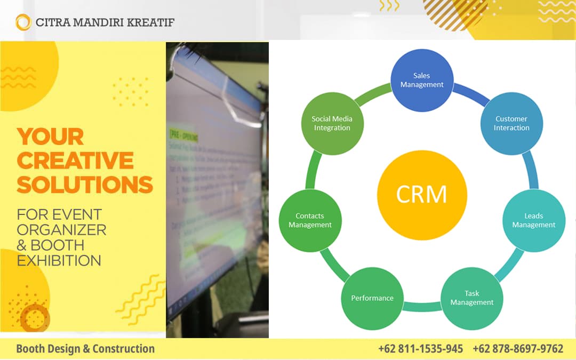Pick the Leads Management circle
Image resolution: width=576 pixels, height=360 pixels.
click(x=533, y=220)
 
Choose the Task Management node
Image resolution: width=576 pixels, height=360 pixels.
click(x=471, y=298)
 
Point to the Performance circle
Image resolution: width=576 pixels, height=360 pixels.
click(x=372, y=298)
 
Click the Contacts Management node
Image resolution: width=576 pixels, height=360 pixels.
click(x=310, y=220)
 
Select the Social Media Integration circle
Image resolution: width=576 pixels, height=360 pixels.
click(x=332, y=124)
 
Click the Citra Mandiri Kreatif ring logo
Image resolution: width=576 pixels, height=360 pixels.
click(x=23, y=22)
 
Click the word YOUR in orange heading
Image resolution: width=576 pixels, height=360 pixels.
click(x=50, y=137)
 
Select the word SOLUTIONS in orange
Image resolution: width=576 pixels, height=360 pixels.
click(x=85, y=185)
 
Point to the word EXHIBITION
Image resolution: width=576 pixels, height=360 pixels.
click(x=59, y=260)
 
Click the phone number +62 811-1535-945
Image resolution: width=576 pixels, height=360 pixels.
click(x=420, y=349)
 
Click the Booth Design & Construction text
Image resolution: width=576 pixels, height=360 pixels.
click(x=85, y=349)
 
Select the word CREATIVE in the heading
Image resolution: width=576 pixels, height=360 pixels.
click(x=75, y=161)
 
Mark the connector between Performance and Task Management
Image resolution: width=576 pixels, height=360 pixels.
click(x=421, y=307)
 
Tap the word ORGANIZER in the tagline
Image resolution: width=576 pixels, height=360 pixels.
click(x=61, y=230)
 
